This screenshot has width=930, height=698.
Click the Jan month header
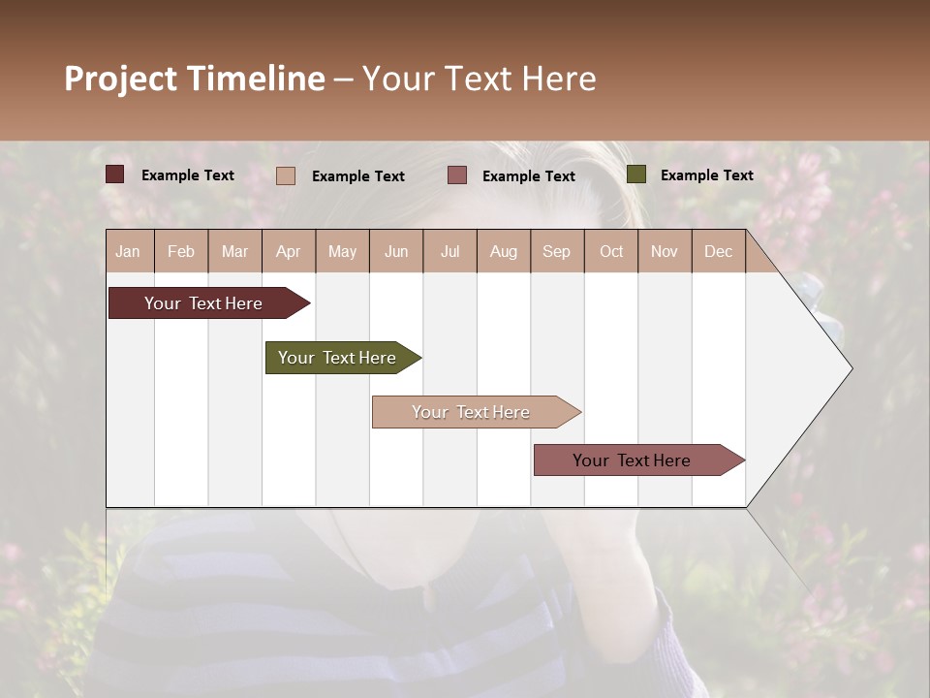(128, 251)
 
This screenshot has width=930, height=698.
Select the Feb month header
(181, 251)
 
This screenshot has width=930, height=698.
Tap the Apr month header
(288, 251)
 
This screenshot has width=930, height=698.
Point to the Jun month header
(396, 251)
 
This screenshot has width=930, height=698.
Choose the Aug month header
(503, 251)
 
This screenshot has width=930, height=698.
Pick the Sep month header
(556, 251)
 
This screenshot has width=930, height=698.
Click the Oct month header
(611, 251)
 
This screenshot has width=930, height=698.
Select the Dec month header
(718, 251)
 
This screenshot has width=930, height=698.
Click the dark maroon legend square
(115, 174)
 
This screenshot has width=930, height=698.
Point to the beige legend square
(286, 175)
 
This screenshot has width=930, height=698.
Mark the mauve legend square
(457, 174)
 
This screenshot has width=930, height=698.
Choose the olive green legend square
(636, 174)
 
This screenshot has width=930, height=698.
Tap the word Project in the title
(121, 79)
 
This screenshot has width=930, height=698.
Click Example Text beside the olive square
(706, 175)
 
